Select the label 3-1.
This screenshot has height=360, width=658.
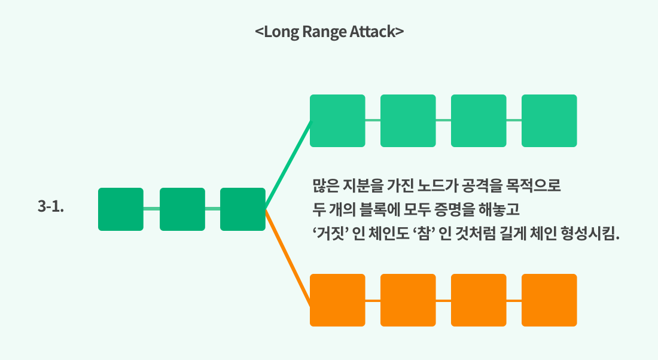[51, 208]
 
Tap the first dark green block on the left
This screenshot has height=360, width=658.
[121, 209]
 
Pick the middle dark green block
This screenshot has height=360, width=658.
[182, 209]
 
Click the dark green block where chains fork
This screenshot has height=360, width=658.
[243, 209]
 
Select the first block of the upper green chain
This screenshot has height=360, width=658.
[337, 120]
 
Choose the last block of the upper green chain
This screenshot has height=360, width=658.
[549, 120]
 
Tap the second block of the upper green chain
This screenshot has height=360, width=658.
[408, 120]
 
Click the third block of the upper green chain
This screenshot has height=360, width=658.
[479, 120]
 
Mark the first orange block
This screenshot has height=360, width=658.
[337, 300]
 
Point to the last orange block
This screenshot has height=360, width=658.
[549, 300]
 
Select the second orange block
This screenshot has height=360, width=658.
[408, 300]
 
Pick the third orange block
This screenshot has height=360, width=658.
[479, 300]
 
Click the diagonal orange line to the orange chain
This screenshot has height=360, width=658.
[288, 257]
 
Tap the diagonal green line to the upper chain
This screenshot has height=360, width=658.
[288, 164]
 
